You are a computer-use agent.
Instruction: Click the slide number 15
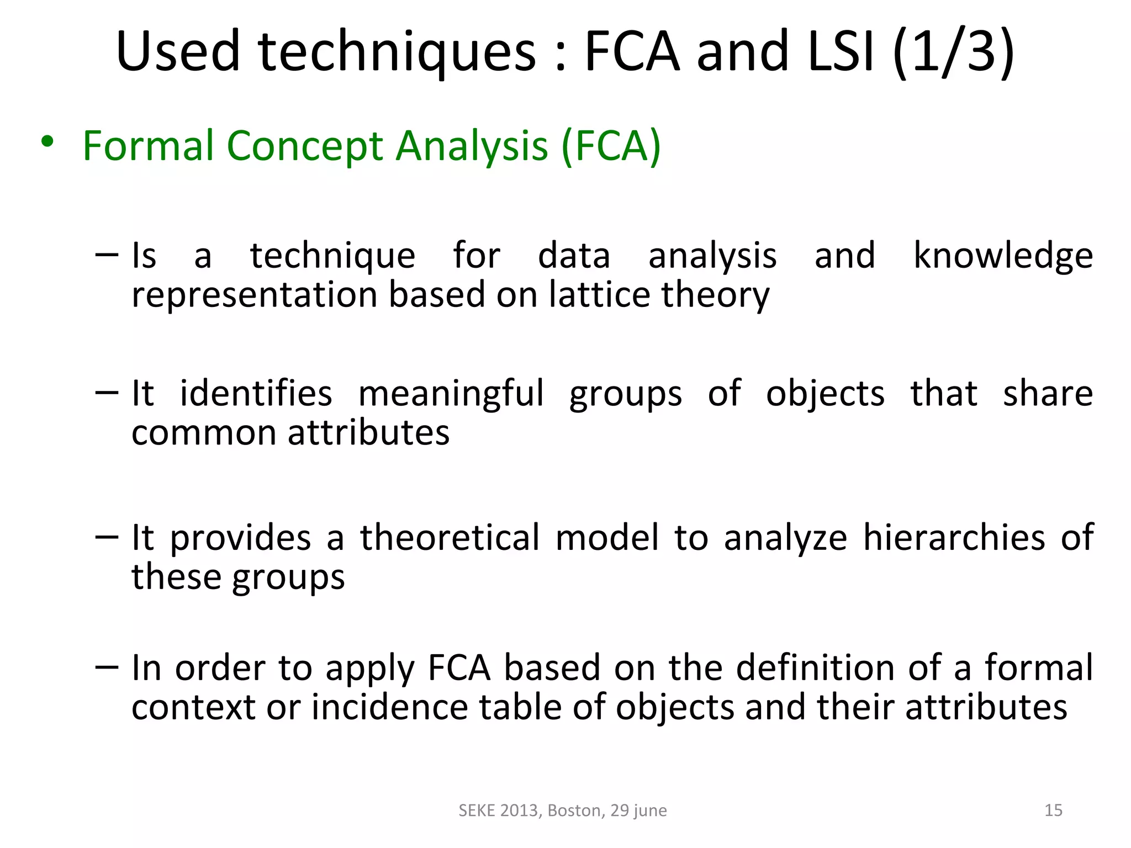point(1053,810)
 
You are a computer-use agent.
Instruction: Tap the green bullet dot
point(47,141)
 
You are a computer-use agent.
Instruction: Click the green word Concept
point(305,146)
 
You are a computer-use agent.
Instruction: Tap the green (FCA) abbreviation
point(611,146)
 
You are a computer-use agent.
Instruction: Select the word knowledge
point(1003,256)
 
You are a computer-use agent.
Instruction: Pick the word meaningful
point(451,394)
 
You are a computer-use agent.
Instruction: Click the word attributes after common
point(368,432)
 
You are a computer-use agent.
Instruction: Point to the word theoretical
point(450,538)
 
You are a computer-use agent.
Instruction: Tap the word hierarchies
point(954,538)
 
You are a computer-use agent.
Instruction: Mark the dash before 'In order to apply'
point(107,667)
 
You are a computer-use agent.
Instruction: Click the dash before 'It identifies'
point(107,393)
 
